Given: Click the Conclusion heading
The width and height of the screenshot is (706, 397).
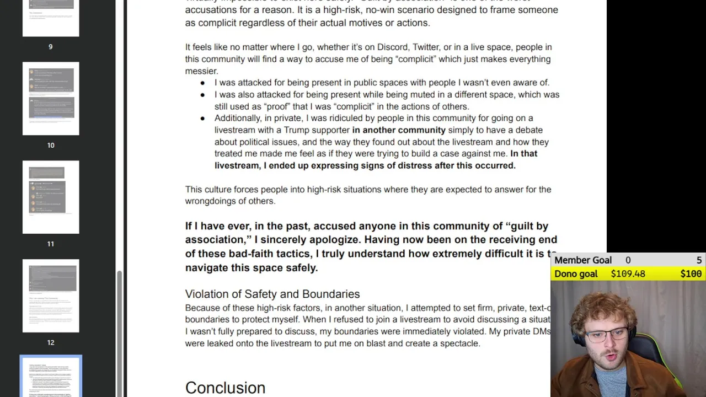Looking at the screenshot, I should (x=225, y=388).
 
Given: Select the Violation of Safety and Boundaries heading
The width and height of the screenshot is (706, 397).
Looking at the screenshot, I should (x=272, y=294).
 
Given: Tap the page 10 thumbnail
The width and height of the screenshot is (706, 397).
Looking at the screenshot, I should (x=51, y=98).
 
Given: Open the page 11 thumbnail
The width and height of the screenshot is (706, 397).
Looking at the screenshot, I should (x=51, y=197).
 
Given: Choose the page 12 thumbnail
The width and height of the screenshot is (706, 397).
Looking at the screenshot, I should (x=51, y=296).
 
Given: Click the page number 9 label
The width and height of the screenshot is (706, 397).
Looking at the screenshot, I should (x=51, y=47).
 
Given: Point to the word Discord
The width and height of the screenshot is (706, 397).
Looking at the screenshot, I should (x=392, y=47).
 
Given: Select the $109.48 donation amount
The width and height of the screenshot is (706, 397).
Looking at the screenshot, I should (x=628, y=273).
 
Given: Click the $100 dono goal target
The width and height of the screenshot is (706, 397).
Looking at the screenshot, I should (x=691, y=273).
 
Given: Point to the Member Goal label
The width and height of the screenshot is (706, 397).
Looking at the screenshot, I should (x=583, y=260).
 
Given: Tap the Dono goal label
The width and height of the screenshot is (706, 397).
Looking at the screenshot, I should (x=576, y=273).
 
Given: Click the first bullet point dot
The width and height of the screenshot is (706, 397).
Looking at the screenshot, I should (x=202, y=83).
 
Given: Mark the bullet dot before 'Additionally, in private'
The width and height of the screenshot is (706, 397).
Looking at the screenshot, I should (x=202, y=119).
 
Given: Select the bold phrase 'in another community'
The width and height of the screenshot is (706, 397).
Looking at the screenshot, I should (x=399, y=130).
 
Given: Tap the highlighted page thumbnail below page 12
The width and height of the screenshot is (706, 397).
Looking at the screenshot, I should (x=51, y=377).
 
